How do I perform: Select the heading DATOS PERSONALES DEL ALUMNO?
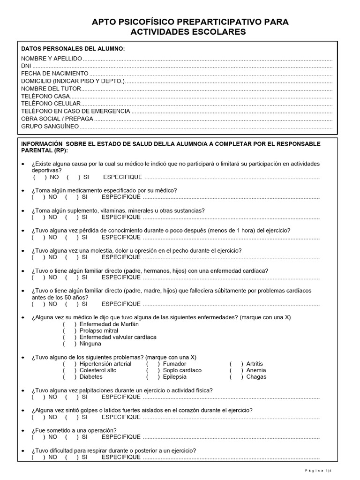click(x=73, y=49)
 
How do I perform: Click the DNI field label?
click(x=26, y=66)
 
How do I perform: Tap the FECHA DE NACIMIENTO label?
click(x=54, y=74)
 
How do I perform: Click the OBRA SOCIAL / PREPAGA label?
click(x=57, y=119)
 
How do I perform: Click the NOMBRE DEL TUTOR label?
click(x=51, y=89)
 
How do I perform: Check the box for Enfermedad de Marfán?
click(x=69, y=324)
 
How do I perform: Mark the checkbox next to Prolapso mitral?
click(x=69, y=331)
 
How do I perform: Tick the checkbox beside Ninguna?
click(x=69, y=344)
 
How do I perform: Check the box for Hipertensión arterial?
click(x=69, y=364)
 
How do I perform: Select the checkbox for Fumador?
click(x=153, y=364)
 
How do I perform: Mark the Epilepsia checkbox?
click(x=153, y=377)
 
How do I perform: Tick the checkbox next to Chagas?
click(x=237, y=377)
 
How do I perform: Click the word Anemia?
click(x=256, y=370)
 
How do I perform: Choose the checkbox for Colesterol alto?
click(x=69, y=370)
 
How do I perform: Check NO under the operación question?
click(x=39, y=437)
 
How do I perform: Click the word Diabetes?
click(x=91, y=377)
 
